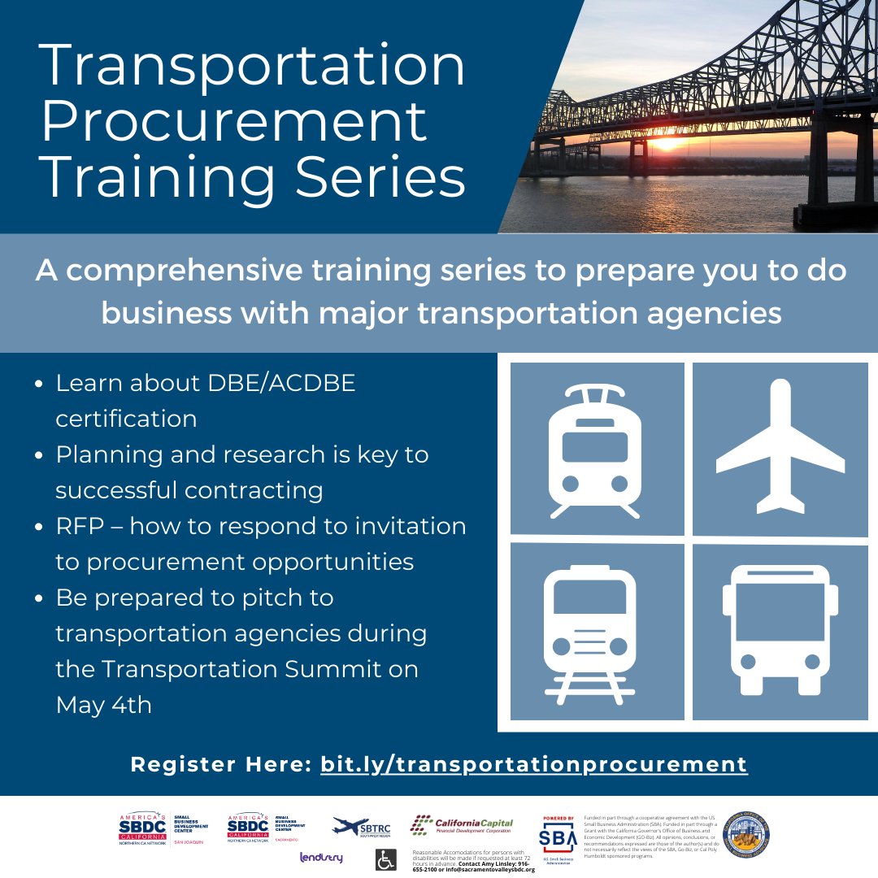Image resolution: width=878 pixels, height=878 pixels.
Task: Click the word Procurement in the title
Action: pyautogui.click(x=234, y=122)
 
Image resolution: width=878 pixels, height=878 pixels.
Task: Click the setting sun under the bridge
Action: pyautogui.click(x=666, y=145)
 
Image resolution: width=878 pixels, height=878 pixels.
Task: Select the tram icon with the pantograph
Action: pyautogui.click(x=596, y=450)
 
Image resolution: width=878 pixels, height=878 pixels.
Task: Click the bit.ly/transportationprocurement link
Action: pyautogui.click(x=533, y=764)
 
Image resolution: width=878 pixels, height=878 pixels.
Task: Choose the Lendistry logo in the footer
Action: pyautogui.click(x=321, y=858)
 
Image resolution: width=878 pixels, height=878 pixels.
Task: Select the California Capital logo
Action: pyautogui.click(x=461, y=825)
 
